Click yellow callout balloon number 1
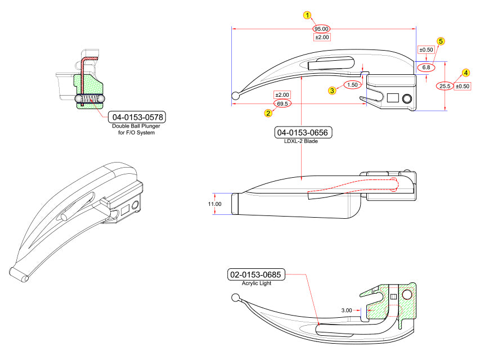(307, 15)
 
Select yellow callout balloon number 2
(268, 113)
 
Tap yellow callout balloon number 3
(332, 91)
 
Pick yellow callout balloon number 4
(465, 73)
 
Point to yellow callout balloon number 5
(441, 41)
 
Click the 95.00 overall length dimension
(321, 29)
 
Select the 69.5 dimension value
(282, 103)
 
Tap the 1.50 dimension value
(352, 85)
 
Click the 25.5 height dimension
(445, 86)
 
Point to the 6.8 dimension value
(426, 67)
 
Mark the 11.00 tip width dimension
(214, 204)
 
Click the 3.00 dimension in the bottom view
(347, 310)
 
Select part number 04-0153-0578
(137, 117)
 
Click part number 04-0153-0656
(302, 133)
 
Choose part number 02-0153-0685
(255, 274)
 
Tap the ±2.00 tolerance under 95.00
(322, 37)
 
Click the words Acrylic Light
(257, 283)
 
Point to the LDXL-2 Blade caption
(301, 141)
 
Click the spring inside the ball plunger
(89, 98)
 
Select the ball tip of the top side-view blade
(235, 96)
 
